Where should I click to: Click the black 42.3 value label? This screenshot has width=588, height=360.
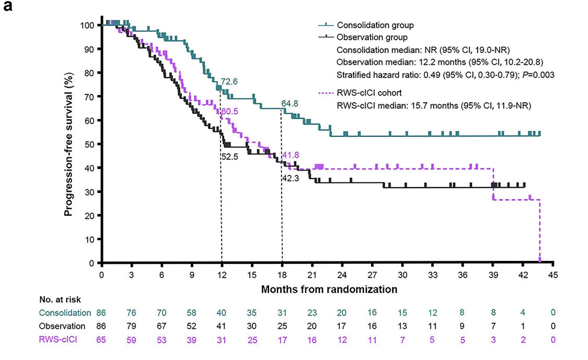click(291, 178)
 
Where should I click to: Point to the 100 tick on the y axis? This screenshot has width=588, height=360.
click(88, 25)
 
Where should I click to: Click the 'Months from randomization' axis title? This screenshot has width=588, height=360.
click(329, 288)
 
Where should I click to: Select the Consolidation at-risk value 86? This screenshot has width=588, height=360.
click(102, 313)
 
